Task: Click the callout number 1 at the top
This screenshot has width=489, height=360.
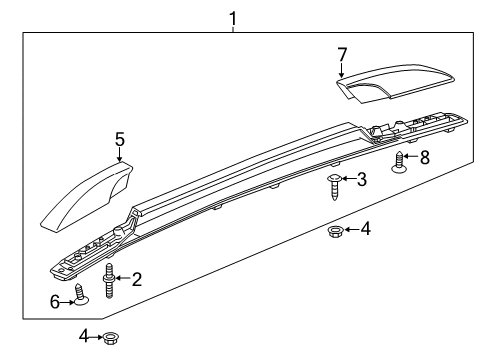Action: click(x=233, y=18)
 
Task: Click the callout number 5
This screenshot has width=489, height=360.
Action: click(x=119, y=139)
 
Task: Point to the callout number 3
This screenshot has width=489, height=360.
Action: click(x=362, y=180)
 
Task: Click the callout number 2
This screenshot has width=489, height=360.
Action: click(x=136, y=279)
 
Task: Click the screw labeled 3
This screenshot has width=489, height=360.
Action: click(x=333, y=184)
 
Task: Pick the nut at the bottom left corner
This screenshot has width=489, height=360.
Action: click(x=112, y=339)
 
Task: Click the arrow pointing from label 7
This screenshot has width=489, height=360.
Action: click(x=340, y=71)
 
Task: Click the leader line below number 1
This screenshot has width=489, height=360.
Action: click(x=233, y=30)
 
